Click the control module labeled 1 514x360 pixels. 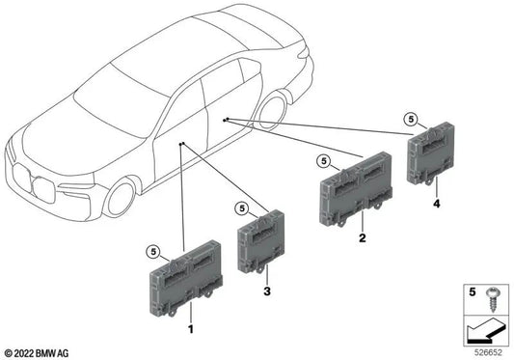pos(186,281)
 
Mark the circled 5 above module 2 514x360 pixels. pos(322,160)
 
